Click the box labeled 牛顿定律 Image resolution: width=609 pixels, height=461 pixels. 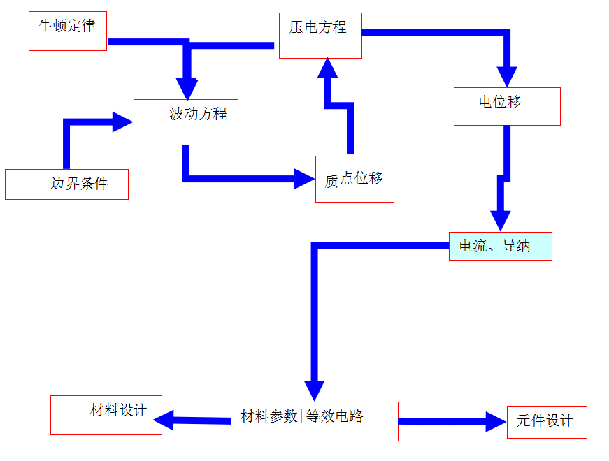coord(67,31)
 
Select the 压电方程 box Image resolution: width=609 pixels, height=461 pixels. coord(320,36)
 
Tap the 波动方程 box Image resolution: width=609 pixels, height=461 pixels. coord(186,122)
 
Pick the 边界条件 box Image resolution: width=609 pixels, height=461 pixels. coord(66,184)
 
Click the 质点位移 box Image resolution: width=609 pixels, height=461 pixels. coord(354,179)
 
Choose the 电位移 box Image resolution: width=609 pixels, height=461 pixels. coord(507,106)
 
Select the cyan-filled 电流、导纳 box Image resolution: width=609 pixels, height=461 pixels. coord(500,246)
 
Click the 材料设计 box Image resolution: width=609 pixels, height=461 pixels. coord(106,415)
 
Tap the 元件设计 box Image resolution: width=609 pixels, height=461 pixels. coord(547,422)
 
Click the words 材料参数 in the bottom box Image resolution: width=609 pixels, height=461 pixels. coord(269,417)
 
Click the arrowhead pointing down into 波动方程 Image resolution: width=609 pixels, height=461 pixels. coord(187,89)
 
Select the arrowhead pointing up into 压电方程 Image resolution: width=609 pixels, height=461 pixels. coord(327,68)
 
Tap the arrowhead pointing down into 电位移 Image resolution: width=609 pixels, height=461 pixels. coord(507,76)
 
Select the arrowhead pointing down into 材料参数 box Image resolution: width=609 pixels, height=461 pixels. coord(315,390)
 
